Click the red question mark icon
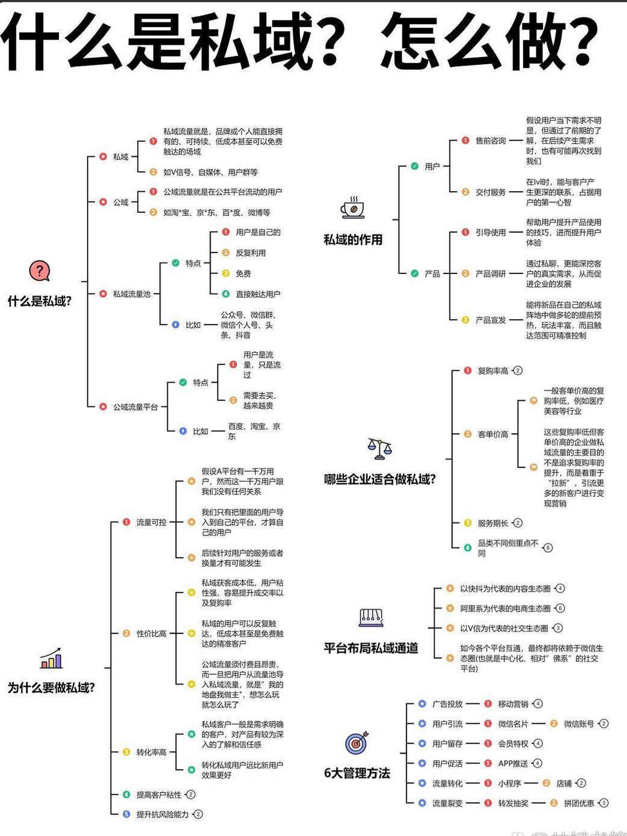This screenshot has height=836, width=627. [40, 271]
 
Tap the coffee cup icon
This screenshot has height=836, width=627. [352, 207]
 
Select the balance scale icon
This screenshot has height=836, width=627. [379, 448]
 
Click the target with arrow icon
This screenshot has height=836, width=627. [356, 743]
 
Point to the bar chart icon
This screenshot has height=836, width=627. [51, 659]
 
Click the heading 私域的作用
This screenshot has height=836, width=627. [353, 240]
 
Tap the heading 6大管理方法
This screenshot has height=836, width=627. [357, 773]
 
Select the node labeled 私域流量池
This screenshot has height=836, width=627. [132, 294]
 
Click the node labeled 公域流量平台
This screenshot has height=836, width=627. [135, 407]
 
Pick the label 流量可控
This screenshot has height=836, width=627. [151, 522]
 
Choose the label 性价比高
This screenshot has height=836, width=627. [151, 633]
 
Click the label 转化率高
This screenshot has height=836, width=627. [151, 752]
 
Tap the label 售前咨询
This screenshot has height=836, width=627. [491, 141]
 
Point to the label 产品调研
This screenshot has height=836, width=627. [491, 273]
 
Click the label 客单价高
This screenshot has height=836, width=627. [493, 434]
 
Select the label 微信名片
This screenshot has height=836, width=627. [513, 724]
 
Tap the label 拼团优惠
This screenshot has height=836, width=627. [579, 803]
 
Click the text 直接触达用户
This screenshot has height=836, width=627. [258, 294]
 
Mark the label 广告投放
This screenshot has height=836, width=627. [448, 704]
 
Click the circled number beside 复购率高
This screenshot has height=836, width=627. [518, 371]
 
